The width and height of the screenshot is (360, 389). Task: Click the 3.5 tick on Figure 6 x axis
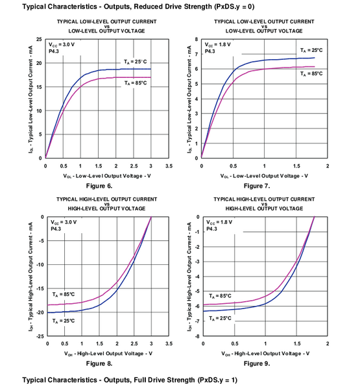[169, 166]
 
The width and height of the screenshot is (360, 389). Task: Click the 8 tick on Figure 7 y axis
[197, 40]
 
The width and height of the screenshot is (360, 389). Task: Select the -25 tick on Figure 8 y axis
[38, 336]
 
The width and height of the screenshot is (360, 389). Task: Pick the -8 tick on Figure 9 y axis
[197, 336]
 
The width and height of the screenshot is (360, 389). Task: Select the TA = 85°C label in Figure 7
[310, 73]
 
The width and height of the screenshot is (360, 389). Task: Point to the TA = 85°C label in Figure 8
[64, 294]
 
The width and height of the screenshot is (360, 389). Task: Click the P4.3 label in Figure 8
[56, 229]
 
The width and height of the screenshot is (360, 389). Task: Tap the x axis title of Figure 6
[107, 176]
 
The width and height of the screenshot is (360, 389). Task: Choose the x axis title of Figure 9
[264, 353]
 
